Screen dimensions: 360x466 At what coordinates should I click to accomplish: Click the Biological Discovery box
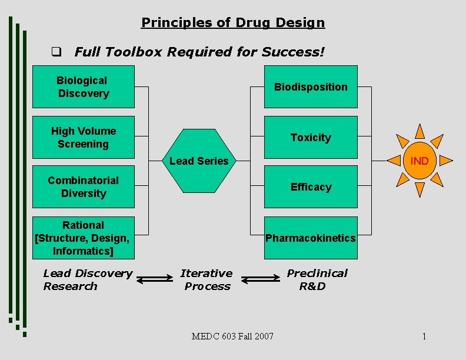click(x=83, y=87)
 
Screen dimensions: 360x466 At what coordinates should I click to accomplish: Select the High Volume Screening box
click(x=83, y=137)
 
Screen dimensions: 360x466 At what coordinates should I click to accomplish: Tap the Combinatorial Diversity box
click(x=83, y=187)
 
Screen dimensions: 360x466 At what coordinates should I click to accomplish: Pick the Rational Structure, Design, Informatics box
click(x=83, y=238)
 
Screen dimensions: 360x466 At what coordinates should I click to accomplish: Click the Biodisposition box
click(x=310, y=87)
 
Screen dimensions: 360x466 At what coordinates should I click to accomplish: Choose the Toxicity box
click(x=310, y=137)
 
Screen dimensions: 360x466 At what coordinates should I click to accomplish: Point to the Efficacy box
click(x=310, y=187)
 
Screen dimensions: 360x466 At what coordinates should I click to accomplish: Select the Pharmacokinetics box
click(x=310, y=238)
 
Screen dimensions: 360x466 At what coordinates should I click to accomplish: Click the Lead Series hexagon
click(x=199, y=161)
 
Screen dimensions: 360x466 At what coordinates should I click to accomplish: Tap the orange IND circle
click(x=420, y=161)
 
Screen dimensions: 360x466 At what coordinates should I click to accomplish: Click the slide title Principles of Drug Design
click(x=233, y=23)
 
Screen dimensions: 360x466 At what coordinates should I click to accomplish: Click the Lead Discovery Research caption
click(x=88, y=279)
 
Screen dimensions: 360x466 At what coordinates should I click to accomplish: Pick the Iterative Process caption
click(x=207, y=279)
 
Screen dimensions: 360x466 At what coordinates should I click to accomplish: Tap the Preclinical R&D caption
click(x=317, y=279)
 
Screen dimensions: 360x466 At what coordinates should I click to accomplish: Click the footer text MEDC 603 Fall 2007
click(x=232, y=336)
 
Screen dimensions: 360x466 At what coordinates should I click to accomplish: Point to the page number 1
click(x=424, y=336)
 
